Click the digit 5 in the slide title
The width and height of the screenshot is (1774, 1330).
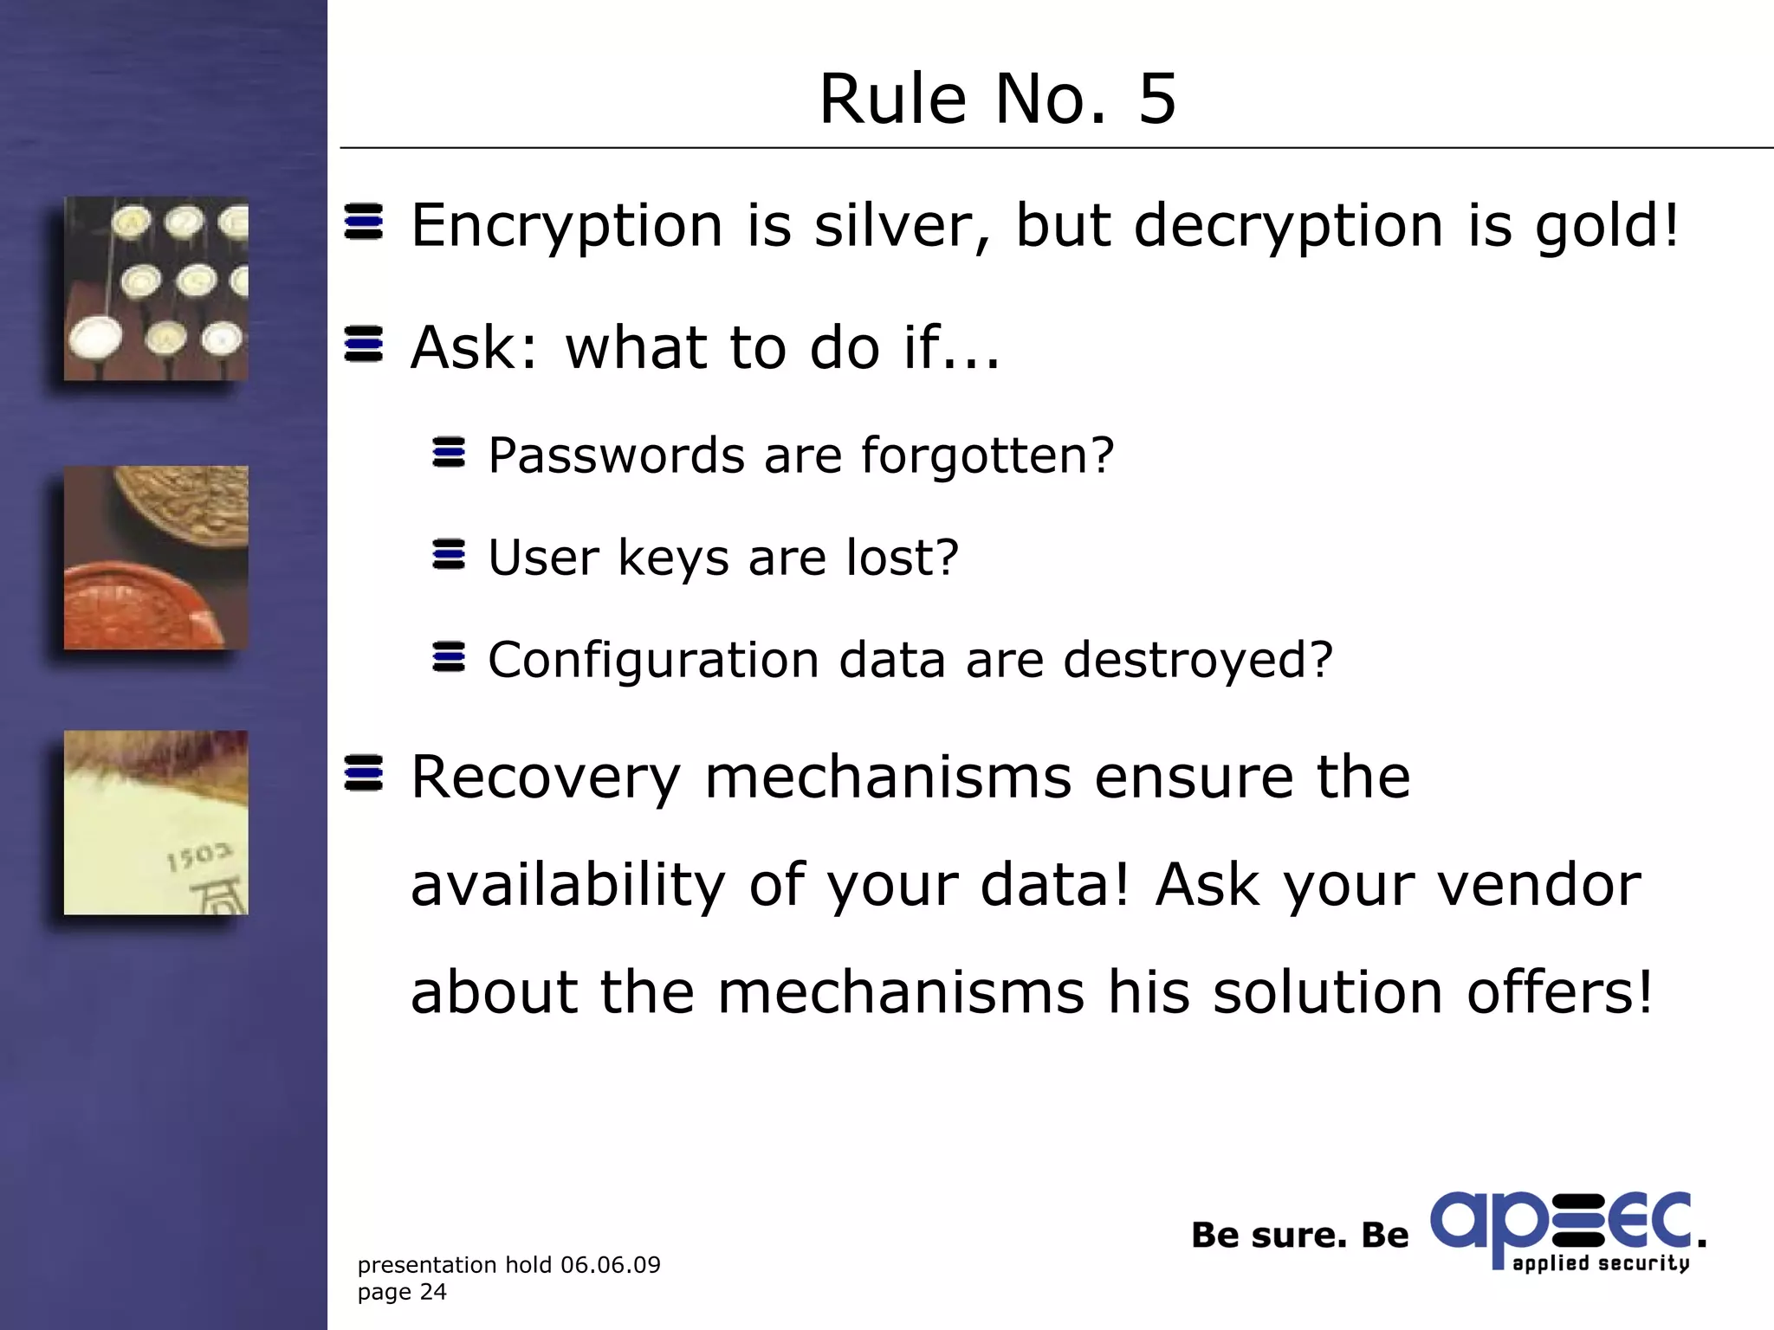[x=1157, y=99]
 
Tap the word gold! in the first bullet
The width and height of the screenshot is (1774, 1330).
[x=1608, y=227]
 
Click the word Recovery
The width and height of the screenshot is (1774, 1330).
[x=546, y=777]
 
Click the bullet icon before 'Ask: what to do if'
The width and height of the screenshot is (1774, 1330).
[x=364, y=345]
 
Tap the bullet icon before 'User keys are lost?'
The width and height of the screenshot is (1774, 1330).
[x=449, y=555]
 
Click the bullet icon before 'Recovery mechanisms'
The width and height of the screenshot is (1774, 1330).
[x=364, y=773]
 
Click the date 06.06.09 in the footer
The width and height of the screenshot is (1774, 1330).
[x=610, y=1265]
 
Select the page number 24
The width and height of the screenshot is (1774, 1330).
[x=432, y=1292]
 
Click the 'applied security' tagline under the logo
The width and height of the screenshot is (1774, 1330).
[x=1600, y=1263]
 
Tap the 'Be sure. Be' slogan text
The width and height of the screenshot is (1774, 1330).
[x=1299, y=1236]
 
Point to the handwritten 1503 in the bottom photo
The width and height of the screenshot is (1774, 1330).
[x=199, y=856]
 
